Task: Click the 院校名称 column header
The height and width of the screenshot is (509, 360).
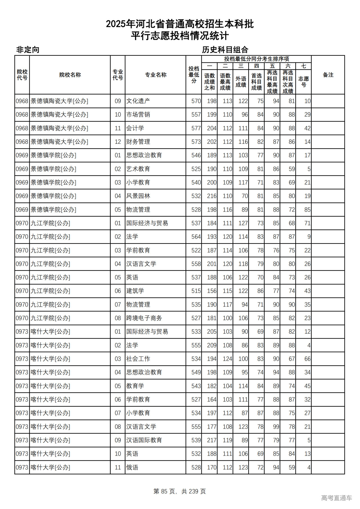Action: [x=70, y=75]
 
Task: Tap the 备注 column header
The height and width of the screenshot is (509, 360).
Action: [x=328, y=75]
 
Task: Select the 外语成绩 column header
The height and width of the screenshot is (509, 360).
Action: [x=241, y=82]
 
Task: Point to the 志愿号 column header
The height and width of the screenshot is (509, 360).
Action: [x=303, y=82]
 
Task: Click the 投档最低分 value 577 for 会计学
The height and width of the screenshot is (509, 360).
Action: [x=196, y=128]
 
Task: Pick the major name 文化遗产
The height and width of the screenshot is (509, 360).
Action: [x=138, y=101]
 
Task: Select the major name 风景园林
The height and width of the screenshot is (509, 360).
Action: [x=138, y=196]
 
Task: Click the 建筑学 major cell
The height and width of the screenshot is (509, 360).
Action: [x=135, y=291]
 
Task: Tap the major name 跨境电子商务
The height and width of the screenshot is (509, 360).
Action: [x=144, y=318]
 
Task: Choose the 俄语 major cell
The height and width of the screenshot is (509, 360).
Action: [x=132, y=467]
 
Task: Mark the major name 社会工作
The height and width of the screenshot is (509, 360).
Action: [x=138, y=359]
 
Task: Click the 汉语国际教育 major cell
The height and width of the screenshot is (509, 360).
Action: [x=144, y=440]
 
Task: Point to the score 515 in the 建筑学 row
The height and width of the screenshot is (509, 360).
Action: [x=196, y=291]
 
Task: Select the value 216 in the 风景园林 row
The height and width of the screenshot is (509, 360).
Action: [x=211, y=196]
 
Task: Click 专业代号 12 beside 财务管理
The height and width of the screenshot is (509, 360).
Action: [x=118, y=142]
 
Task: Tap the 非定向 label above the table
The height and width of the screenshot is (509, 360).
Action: [x=28, y=50]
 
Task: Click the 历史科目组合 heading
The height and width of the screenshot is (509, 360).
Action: [x=225, y=50]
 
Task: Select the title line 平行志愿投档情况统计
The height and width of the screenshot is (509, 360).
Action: [x=180, y=36]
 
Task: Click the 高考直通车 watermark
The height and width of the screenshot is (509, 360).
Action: [x=336, y=498]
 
